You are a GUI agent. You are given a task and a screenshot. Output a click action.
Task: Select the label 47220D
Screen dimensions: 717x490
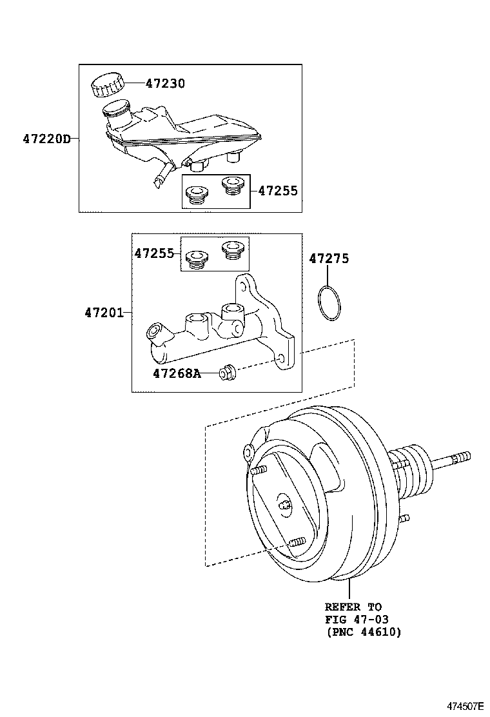pos(46,139)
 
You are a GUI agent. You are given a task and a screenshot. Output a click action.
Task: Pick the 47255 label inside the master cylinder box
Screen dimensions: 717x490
pos(154,253)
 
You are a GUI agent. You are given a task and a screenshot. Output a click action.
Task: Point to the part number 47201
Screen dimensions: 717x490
pos(103,313)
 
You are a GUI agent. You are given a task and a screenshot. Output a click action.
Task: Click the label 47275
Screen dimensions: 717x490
pos(329,259)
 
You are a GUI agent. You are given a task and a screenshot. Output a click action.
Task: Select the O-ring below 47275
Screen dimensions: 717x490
pos(329,302)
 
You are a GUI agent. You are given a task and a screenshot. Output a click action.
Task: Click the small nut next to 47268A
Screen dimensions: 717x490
pos(226,372)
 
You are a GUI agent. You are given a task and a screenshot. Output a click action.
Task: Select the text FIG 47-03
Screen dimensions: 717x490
pos(357,620)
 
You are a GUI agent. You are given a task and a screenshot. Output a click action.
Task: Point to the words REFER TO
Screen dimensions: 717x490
pos(353,607)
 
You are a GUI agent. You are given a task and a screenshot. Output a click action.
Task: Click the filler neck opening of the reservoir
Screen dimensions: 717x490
pos(116,107)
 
